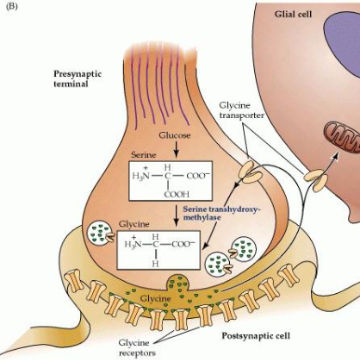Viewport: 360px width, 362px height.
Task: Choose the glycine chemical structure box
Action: pos(171,251)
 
